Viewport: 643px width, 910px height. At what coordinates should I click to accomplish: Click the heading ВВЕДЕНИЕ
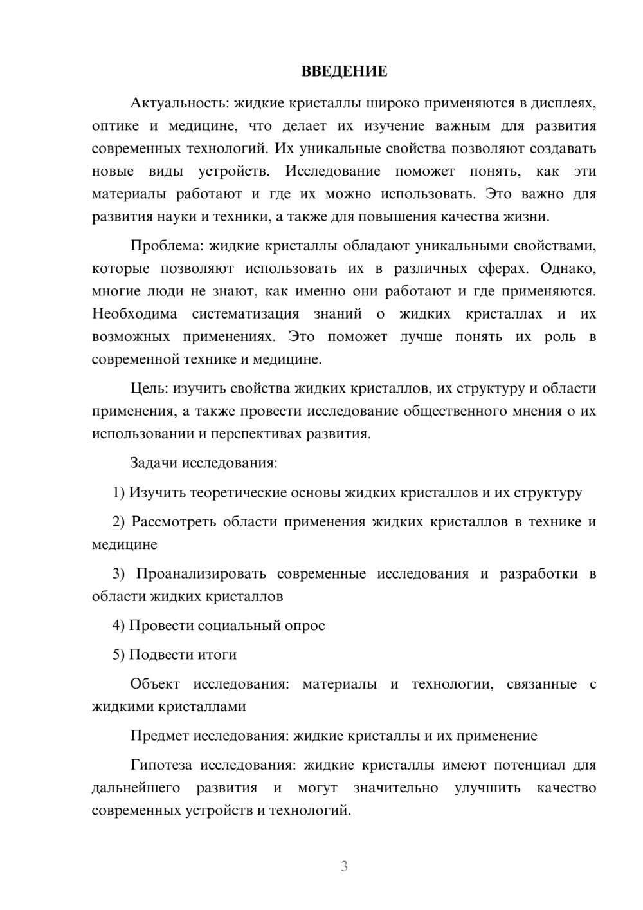[344, 71]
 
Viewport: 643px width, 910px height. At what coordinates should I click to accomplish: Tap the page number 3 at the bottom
[344, 866]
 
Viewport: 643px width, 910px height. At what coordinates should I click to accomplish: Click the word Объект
[155, 684]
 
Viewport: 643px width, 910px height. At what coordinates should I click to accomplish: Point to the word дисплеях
[568, 103]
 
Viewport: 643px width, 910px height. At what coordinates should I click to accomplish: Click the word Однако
[568, 268]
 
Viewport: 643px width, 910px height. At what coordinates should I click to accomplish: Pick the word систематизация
[246, 314]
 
